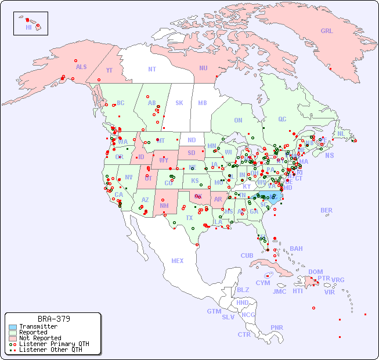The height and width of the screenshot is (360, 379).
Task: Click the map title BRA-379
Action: [54, 319]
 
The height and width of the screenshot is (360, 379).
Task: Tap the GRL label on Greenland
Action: [327, 31]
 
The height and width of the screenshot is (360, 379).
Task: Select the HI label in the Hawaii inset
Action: [28, 27]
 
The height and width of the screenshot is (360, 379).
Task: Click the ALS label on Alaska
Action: [81, 67]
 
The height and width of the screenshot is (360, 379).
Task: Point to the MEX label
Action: [178, 261]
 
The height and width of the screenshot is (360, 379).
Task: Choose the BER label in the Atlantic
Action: [326, 210]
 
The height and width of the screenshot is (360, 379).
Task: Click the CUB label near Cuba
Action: [247, 255]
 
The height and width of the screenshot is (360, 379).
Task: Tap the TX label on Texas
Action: [189, 218]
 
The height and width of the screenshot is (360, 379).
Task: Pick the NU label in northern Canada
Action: [203, 68]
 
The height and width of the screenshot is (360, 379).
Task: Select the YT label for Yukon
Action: [109, 70]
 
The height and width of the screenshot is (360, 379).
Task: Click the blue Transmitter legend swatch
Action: [13, 327]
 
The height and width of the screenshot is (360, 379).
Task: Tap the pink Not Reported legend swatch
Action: [13, 338]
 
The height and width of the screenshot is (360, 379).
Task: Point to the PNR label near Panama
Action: [277, 327]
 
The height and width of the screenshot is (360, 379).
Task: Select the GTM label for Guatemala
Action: [214, 311]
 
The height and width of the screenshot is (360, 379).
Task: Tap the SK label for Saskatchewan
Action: [179, 103]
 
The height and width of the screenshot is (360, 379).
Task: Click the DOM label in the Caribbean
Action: [315, 272]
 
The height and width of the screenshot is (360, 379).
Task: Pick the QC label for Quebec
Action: [282, 119]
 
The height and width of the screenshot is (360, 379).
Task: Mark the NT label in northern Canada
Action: [151, 69]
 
